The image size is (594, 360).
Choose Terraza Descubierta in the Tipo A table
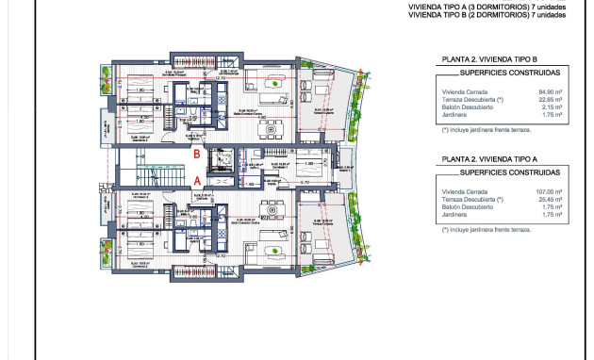coord(472,199)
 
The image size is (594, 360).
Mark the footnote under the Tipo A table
coord(485,228)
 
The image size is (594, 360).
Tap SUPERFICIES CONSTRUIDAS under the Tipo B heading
coord(507,72)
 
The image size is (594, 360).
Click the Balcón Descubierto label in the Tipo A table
coord(469,206)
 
